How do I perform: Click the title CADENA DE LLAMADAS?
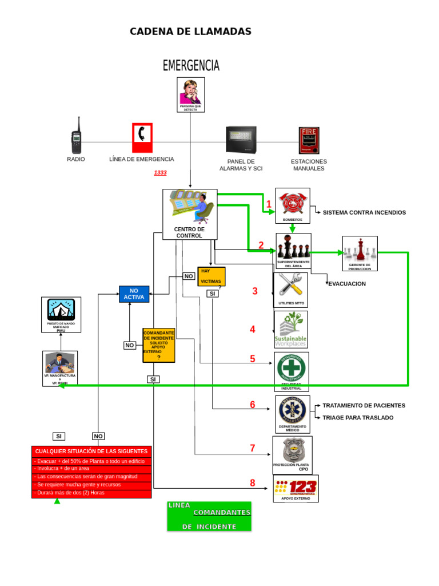(190, 31)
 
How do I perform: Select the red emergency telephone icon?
(142, 137)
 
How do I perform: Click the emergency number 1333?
(160, 172)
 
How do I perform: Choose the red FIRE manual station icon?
(309, 140)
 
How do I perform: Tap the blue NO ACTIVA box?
(134, 294)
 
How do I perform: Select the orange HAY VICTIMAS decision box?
(211, 276)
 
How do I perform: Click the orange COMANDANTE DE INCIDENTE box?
(159, 345)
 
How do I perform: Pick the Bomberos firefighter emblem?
(293, 203)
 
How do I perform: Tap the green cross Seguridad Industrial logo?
(292, 369)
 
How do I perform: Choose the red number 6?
(252, 405)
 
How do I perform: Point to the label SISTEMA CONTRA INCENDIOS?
(364, 212)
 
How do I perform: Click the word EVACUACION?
(347, 284)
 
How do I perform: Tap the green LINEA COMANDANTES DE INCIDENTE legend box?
(209, 516)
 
